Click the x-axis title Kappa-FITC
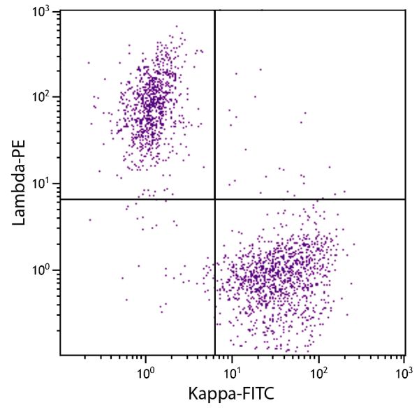click(233, 394)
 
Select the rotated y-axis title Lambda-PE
click(17, 184)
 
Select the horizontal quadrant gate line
click(314, 199)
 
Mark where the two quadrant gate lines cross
click(214, 199)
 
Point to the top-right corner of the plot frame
click(406, 10)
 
